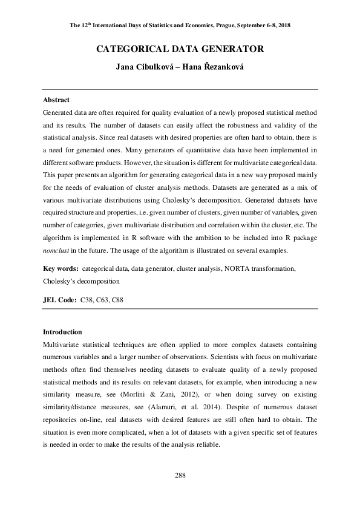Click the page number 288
click(x=180, y=476)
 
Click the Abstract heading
click(x=56, y=100)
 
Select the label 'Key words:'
click(x=61, y=268)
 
